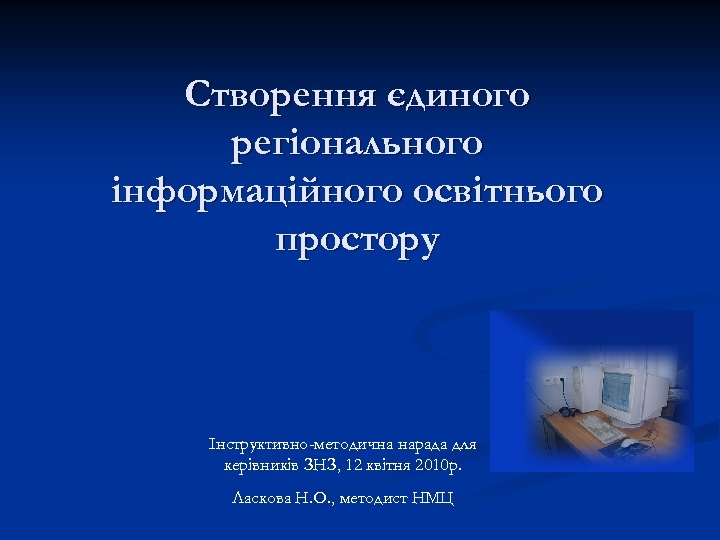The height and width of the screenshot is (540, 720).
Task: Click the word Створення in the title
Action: pos(273,96)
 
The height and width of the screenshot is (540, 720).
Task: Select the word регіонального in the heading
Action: pos(357,144)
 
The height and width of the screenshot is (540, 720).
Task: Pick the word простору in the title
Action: pos(357,241)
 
